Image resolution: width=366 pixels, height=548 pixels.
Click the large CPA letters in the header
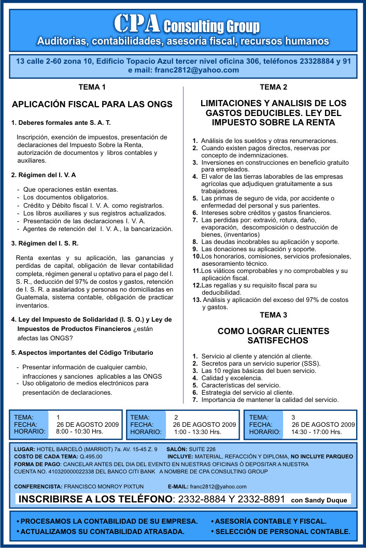137,23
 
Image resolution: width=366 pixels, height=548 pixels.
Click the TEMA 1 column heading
92,87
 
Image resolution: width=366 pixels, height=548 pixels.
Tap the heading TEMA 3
273,315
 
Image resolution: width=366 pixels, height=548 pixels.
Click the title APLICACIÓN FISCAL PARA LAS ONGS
92,104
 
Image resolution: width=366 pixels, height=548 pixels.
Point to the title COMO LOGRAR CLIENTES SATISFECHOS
273,336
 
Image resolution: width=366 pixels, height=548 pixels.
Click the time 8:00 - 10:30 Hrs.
79,431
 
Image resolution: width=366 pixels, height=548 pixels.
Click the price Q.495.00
91,456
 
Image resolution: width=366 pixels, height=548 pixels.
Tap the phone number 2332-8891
262,499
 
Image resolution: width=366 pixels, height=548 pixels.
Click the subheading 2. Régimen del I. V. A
44,175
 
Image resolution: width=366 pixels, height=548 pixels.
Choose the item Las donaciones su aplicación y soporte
258,249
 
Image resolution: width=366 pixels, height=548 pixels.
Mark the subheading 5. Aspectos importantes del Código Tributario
82,353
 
